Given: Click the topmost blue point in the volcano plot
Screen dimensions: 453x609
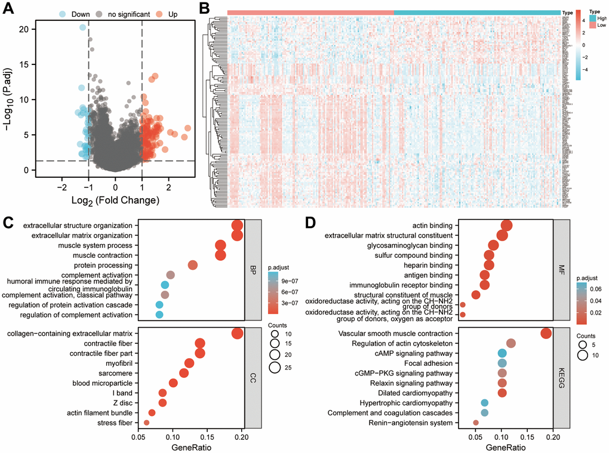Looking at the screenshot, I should click(x=83, y=27).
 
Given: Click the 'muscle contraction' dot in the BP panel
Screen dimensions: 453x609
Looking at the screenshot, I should click(x=220, y=255).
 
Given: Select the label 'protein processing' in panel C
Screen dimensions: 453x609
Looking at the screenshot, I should click(x=103, y=266).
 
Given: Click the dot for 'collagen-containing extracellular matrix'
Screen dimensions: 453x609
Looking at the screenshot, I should click(x=237, y=334).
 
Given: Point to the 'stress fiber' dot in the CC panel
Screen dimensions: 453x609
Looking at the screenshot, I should click(x=147, y=423).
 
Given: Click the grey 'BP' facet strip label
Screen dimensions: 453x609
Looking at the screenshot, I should click(x=253, y=270).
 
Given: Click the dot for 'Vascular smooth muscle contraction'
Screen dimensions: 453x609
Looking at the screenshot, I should click(x=545, y=334).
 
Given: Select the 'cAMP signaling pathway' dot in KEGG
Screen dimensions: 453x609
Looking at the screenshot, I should click(x=502, y=353).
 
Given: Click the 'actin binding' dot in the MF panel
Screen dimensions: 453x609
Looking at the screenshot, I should click(x=506, y=225).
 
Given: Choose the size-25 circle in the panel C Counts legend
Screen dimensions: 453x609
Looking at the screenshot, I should click(x=275, y=367).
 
